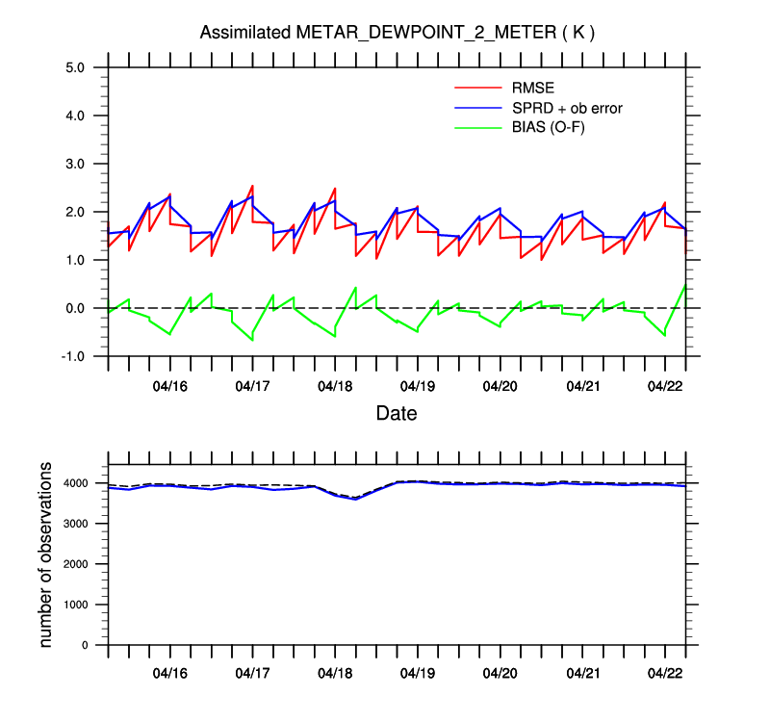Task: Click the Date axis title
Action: (x=397, y=415)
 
